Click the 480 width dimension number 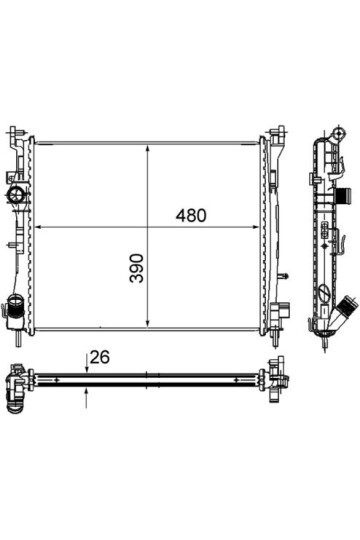pos(191,216)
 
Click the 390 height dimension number pos(137,268)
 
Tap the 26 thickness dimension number pos(100,357)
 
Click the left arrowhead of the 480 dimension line pos(39,227)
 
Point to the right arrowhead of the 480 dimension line pos(255,227)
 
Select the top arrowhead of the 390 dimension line pos(148,149)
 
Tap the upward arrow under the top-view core pos(86,398)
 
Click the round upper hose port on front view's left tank pos(16,195)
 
